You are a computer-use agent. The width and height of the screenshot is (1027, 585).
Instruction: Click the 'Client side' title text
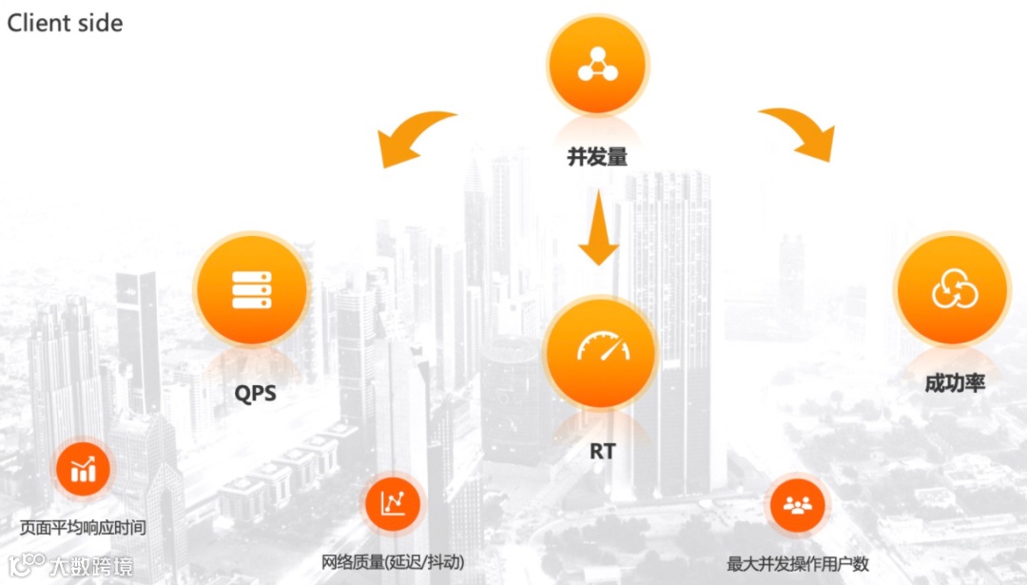pos(65,23)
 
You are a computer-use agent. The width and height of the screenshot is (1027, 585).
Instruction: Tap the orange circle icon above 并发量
pos(597,65)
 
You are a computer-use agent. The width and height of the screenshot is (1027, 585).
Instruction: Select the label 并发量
pos(597,157)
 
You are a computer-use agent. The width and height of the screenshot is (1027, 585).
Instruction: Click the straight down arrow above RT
pos(598,228)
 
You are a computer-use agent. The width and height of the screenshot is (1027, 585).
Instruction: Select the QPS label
pos(255,392)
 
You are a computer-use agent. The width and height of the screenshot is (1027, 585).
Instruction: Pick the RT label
pos(602,451)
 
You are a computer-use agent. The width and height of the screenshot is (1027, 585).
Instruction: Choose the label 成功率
pos(955,383)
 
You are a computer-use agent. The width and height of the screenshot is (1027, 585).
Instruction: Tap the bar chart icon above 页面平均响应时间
pos(83,468)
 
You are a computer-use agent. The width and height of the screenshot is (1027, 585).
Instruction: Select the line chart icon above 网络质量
pos(393,503)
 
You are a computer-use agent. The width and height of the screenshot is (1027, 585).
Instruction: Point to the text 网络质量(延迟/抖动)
pos(393,562)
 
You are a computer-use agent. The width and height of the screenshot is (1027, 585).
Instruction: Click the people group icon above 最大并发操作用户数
pos(797,504)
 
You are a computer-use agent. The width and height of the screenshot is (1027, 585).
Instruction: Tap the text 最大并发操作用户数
pos(798,564)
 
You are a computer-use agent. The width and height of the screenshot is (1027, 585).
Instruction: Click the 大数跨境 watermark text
pos(92,567)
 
